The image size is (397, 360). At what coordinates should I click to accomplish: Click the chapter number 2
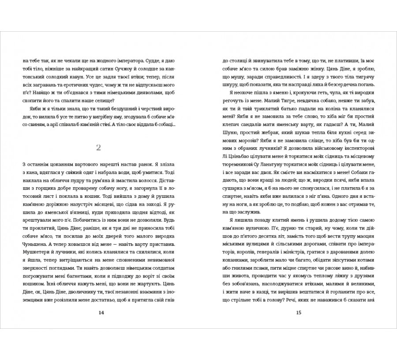coord(99,147)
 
